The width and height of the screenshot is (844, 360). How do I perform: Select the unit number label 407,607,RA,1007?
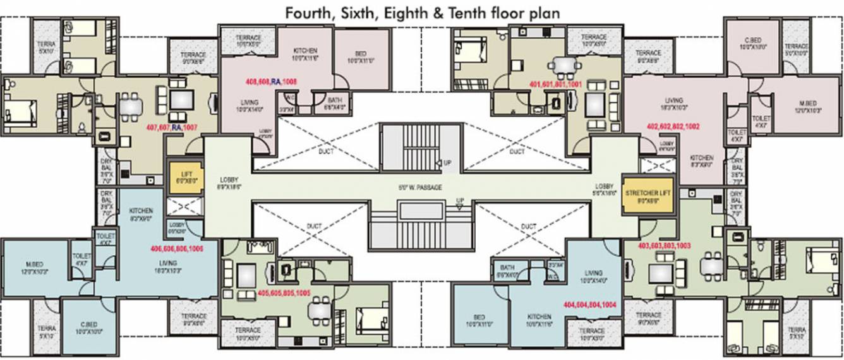(x=172, y=128)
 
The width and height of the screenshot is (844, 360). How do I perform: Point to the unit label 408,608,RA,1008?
(x=270, y=81)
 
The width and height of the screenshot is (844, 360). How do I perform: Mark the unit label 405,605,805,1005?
(x=284, y=293)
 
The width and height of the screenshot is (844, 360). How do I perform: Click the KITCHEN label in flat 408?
(x=304, y=51)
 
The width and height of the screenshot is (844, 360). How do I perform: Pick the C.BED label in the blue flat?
(x=88, y=323)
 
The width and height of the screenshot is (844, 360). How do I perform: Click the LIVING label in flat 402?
(x=673, y=100)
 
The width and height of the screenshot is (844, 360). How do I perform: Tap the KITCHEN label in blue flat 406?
(x=141, y=211)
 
